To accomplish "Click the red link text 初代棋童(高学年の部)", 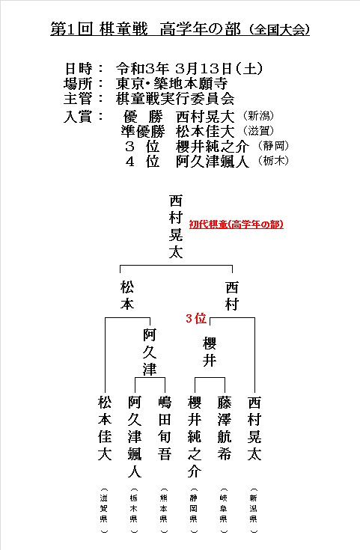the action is tap(237, 224).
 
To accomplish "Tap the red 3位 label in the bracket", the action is tap(196, 318).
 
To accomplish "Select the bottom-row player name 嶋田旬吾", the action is tap(164, 428).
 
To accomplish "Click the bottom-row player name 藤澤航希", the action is tap(225, 428).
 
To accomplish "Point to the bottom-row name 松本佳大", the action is tap(105, 428).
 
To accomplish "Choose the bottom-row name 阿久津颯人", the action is tap(135, 437).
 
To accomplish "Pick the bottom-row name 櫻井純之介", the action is tap(195, 437).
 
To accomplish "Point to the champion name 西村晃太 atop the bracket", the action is tap(176, 227).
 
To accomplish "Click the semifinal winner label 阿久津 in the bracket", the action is tap(150, 352).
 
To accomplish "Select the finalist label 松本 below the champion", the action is tap(127, 296).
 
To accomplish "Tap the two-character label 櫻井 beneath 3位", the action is tap(210, 352).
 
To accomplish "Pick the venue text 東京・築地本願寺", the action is tap(172, 84).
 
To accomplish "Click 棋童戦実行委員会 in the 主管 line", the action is tap(175, 99).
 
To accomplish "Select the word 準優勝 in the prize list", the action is tap(143, 131).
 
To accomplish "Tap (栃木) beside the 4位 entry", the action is tap(273, 161).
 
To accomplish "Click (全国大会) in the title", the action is tap(279, 30).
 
